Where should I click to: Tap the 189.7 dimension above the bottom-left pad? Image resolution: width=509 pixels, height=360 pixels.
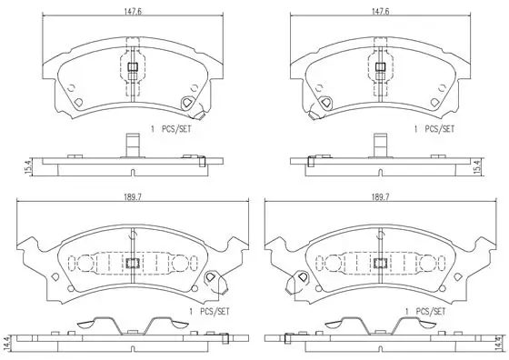(134, 196)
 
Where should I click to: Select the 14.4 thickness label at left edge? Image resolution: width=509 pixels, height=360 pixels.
(8, 344)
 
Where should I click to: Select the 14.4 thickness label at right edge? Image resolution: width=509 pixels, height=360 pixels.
(499, 344)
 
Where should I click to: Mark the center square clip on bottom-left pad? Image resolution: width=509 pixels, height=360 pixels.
(133, 264)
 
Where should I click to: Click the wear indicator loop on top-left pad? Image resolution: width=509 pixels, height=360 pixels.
(191, 105)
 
